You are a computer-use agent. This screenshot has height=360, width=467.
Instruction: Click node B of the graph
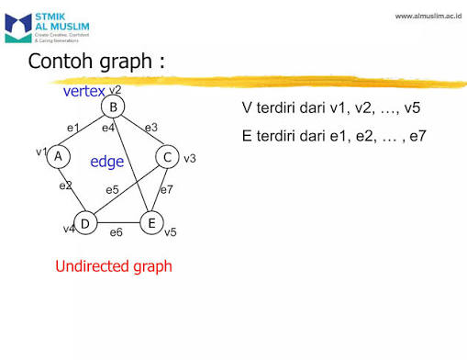(113, 108)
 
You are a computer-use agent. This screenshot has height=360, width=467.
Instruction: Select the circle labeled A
(58, 156)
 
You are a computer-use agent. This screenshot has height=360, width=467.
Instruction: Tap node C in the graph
(167, 158)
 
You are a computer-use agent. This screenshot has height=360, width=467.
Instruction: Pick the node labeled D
(84, 222)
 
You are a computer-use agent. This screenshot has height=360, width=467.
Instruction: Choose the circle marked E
(150, 222)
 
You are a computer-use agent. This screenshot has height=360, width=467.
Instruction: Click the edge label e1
(73, 127)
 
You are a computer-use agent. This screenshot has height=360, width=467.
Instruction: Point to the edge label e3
(151, 127)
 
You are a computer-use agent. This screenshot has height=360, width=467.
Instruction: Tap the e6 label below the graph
(117, 232)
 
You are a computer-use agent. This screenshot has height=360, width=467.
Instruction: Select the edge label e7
(167, 189)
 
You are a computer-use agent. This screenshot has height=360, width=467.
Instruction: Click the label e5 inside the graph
(112, 189)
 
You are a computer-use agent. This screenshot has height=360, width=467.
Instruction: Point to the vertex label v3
(190, 159)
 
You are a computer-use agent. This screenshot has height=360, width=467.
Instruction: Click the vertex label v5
(171, 232)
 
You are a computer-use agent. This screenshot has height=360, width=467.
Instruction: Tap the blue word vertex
(83, 92)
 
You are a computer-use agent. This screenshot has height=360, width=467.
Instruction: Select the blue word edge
(106, 162)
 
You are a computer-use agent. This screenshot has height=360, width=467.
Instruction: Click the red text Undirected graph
(114, 266)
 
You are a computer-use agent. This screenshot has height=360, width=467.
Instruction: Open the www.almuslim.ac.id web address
(427, 17)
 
